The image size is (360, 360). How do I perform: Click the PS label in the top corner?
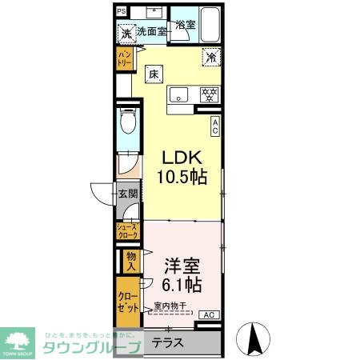point(121,11)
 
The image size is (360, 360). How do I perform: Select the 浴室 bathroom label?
point(186,25)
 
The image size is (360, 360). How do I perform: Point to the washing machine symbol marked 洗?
point(126,34)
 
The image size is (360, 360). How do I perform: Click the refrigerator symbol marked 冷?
point(211,58)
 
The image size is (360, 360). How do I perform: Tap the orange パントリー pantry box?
point(125,58)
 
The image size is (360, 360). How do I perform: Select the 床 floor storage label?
point(153,74)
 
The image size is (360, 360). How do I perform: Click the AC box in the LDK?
point(215,126)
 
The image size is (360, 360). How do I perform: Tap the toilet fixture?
point(127,125)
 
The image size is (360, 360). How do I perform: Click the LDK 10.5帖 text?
point(182,166)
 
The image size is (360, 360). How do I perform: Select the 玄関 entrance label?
point(128,194)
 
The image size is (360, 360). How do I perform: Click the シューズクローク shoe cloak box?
point(128,232)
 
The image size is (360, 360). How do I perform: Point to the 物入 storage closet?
point(131,260)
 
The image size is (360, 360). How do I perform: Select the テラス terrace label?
point(168,343)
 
